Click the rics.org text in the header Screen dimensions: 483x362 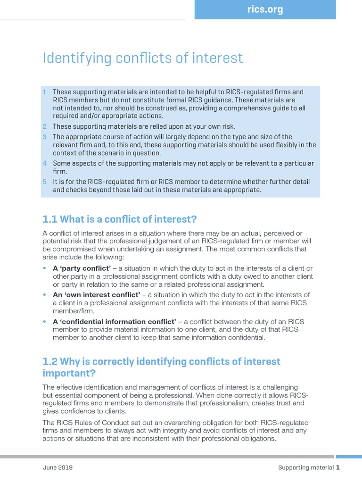click(264, 9)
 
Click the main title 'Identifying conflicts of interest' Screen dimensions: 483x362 click(143, 58)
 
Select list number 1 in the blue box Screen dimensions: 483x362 click(45, 92)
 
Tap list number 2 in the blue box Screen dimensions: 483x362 click(45, 126)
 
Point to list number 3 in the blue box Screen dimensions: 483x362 click(45, 137)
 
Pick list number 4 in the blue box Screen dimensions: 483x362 click(45, 163)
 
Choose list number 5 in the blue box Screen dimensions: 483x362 click(45, 182)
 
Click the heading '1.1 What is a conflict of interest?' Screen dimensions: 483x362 click(119, 219)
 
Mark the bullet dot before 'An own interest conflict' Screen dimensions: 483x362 click(45, 294)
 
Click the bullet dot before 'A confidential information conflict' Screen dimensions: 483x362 click(45, 321)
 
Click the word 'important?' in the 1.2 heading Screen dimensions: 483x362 click(69, 373)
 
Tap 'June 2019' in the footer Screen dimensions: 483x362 click(58, 468)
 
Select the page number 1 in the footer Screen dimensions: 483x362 click(337, 468)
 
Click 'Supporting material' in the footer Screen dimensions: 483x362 click(306, 468)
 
